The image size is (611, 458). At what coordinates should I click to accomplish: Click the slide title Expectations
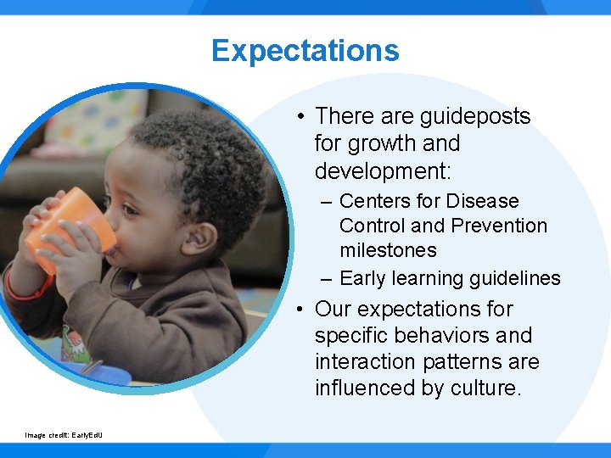tap(305, 50)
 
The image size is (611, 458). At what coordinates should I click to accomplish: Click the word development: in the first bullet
tap(383, 170)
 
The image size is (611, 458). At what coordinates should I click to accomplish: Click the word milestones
tap(388, 250)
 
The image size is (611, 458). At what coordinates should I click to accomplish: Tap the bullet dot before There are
tap(301, 117)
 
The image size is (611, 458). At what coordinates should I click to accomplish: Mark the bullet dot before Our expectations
tap(301, 310)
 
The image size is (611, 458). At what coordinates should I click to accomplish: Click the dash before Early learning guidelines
tap(327, 278)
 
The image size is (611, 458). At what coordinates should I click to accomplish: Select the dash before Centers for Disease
tap(327, 202)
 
